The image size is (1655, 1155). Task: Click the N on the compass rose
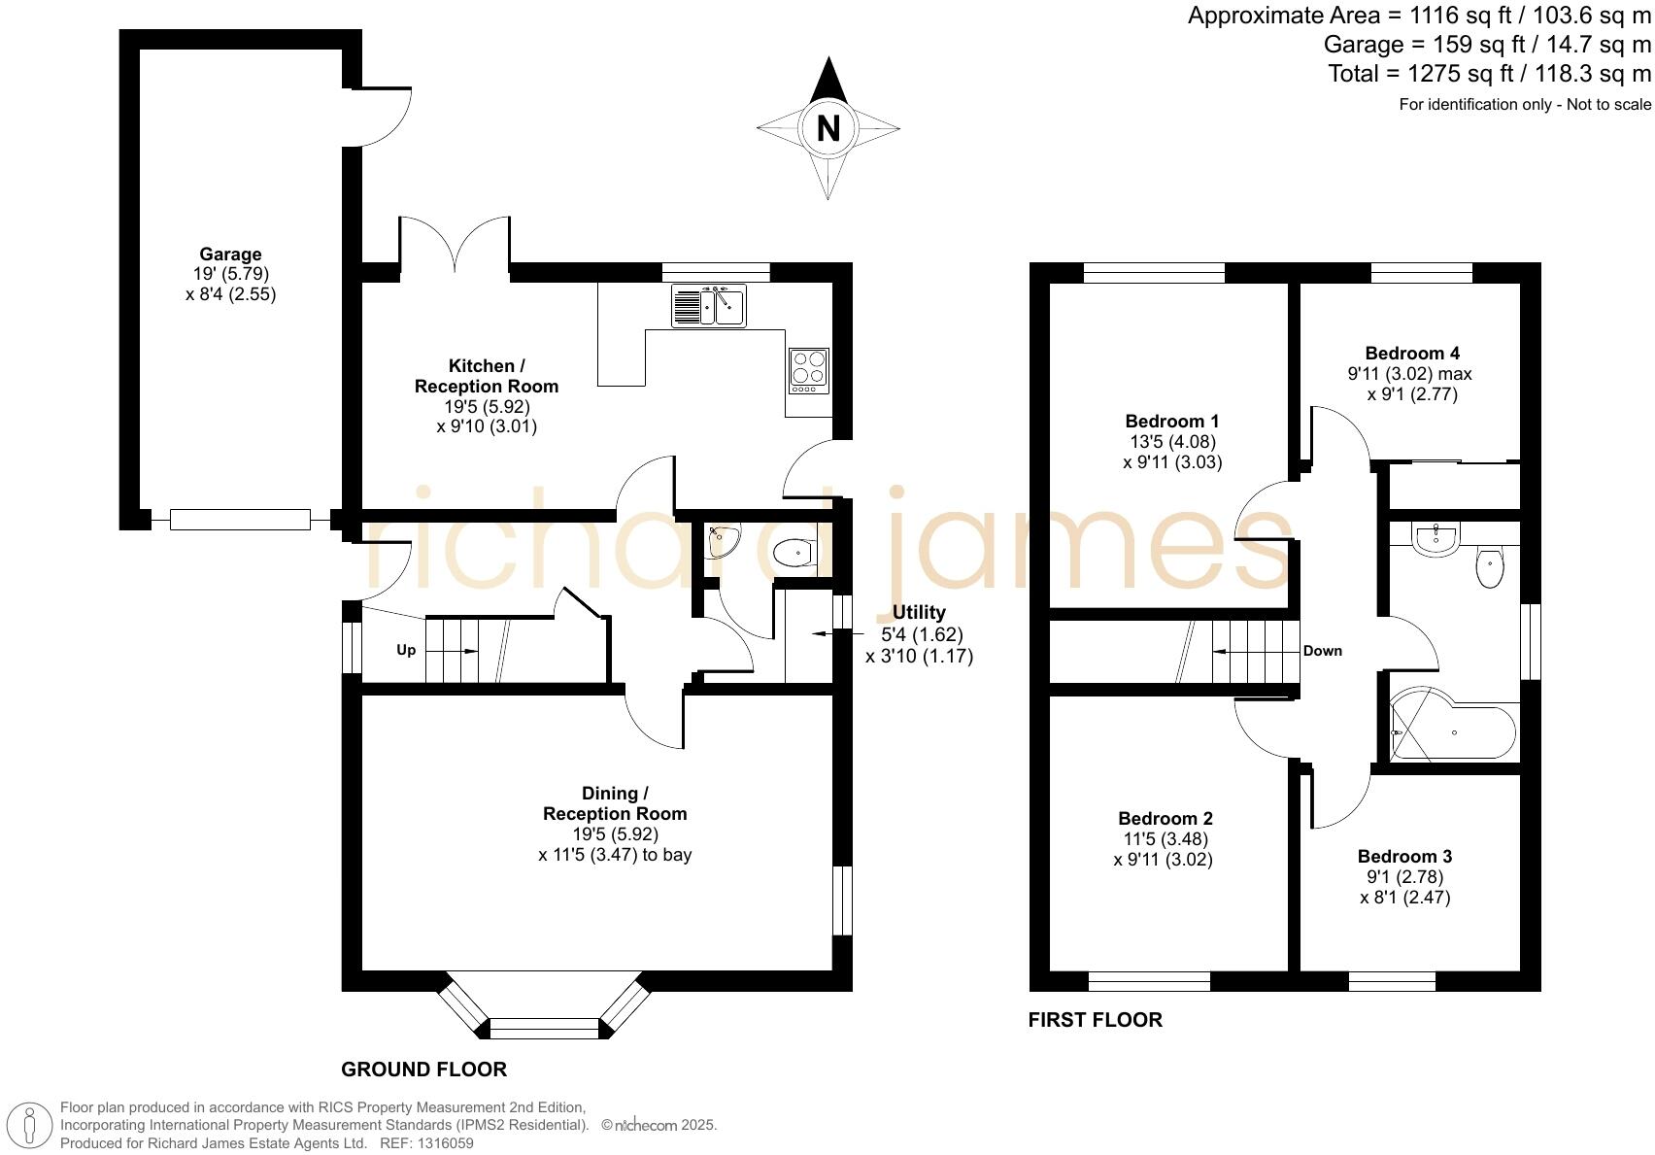pyautogui.click(x=827, y=128)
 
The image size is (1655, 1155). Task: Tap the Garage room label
pyautogui.click(x=230, y=255)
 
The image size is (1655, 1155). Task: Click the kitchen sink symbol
pyautogui.click(x=709, y=306)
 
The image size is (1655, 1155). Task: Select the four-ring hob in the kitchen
pyautogui.click(x=809, y=370)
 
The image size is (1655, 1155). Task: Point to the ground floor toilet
pyautogui.click(x=794, y=554)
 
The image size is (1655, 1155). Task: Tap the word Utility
pyautogui.click(x=919, y=613)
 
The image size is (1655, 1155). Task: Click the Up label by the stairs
pyautogui.click(x=406, y=650)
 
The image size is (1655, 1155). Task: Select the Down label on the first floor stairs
pyautogui.click(x=1322, y=651)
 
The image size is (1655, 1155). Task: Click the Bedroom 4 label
pyautogui.click(x=1412, y=354)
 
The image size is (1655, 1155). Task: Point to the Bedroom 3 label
pyautogui.click(x=1404, y=857)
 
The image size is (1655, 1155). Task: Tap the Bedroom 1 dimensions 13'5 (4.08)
pyautogui.click(x=1172, y=442)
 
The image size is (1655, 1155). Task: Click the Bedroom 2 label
pyautogui.click(x=1165, y=819)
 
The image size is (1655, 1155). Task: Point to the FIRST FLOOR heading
pyautogui.click(x=1095, y=1020)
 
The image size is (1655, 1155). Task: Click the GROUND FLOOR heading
pyautogui.click(x=423, y=1070)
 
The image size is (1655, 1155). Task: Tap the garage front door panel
pyautogui.click(x=240, y=520)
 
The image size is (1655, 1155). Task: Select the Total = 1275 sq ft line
pyautogui.click(x=1489, y=74)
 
